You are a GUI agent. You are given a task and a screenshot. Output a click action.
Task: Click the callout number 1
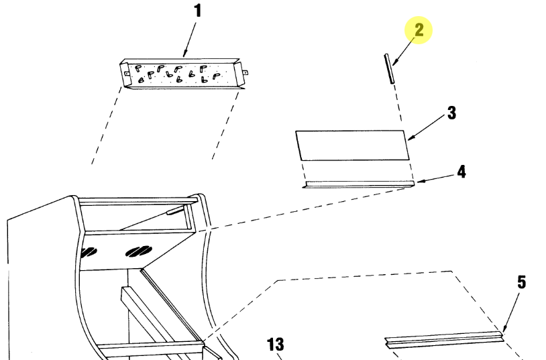198,11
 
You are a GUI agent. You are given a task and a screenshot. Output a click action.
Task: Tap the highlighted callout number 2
419,30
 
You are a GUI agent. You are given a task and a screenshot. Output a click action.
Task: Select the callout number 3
451,113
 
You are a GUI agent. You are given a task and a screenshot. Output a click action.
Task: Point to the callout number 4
461,172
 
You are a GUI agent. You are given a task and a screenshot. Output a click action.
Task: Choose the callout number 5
521,282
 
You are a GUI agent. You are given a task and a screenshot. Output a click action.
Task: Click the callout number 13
276,345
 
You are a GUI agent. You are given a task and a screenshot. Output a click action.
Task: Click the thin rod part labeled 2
389,68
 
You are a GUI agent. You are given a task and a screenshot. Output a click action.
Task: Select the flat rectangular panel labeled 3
352,145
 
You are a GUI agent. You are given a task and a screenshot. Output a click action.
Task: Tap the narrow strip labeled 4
359,184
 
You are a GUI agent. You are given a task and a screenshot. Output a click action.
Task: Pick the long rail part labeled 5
445,339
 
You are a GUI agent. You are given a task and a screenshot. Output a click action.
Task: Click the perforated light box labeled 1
183,74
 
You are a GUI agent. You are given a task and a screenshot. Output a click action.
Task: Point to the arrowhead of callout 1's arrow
185,54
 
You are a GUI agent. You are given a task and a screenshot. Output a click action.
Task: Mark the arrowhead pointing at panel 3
411,139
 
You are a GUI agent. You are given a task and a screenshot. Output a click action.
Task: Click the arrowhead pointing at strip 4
420,181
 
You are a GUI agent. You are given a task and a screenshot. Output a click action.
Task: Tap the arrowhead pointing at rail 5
504,328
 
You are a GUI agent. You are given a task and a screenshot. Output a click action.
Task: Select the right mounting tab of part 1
245,73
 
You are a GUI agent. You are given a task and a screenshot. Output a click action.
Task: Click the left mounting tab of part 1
126,74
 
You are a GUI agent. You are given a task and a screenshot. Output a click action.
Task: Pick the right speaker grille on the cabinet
139,251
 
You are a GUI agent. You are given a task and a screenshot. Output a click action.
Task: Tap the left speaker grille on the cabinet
89,252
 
